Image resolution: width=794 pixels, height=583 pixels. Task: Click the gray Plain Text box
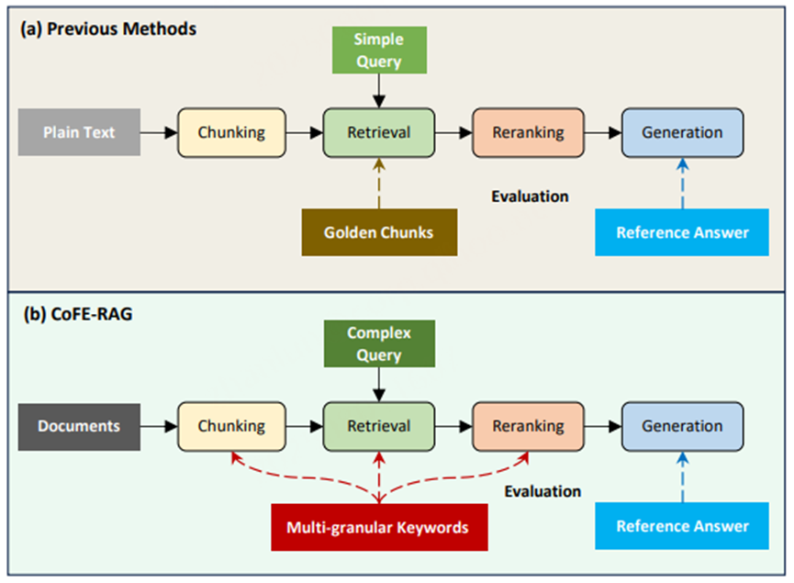pyautogui.click(x=79, y=132)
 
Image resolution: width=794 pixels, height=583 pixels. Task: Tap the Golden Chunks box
pyautogui.click(x=378, y=232)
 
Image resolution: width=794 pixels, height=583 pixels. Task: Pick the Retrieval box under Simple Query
pyautogui.click(x=378, y=132)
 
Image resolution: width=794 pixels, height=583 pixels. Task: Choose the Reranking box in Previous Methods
pyautogui.click(x=528, y=132)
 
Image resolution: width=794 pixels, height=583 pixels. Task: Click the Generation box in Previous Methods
pyautogui.click(x=682, y=132)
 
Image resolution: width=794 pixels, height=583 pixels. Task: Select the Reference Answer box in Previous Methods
pyautogui.click(x=682, y=232)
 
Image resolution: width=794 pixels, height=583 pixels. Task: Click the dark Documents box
pyautogui.click(x=79, y=426)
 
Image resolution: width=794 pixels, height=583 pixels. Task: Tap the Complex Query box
pyautogui.click(x=378, y=343)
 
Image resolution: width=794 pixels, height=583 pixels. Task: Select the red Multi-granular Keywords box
pyautogui.click(x=377, y=527)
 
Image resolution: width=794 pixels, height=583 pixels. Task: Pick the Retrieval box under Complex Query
pyautogui.click(x=378, y=426)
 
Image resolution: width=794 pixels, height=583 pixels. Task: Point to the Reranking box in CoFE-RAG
pyautogui.click(x=528, y=426)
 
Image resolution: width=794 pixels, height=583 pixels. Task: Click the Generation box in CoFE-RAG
pyautogui.click(x=682, y=426)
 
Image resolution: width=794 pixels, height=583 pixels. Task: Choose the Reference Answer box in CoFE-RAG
pyautogui.click(x=682, y=526)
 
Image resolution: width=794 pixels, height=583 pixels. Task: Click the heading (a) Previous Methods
pyautogui.click(x=108, y=28)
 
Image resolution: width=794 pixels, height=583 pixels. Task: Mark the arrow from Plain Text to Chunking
pyautogui.click(x=159, y=132)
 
